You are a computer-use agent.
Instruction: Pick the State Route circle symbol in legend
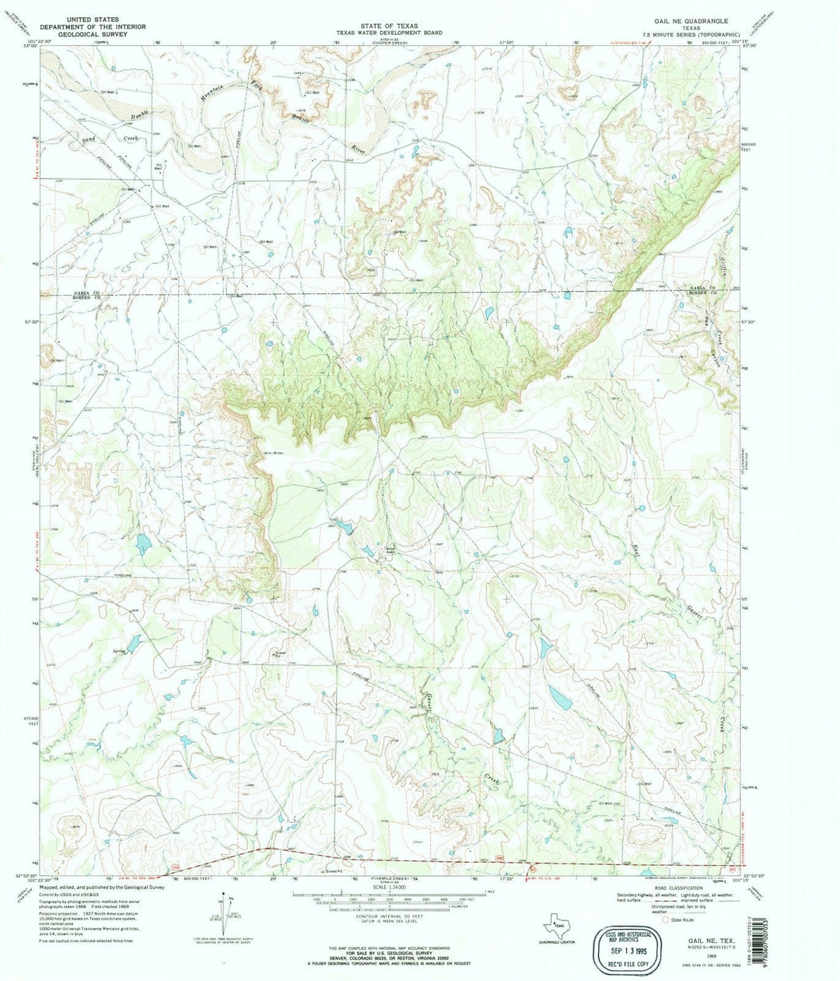point(663,919)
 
